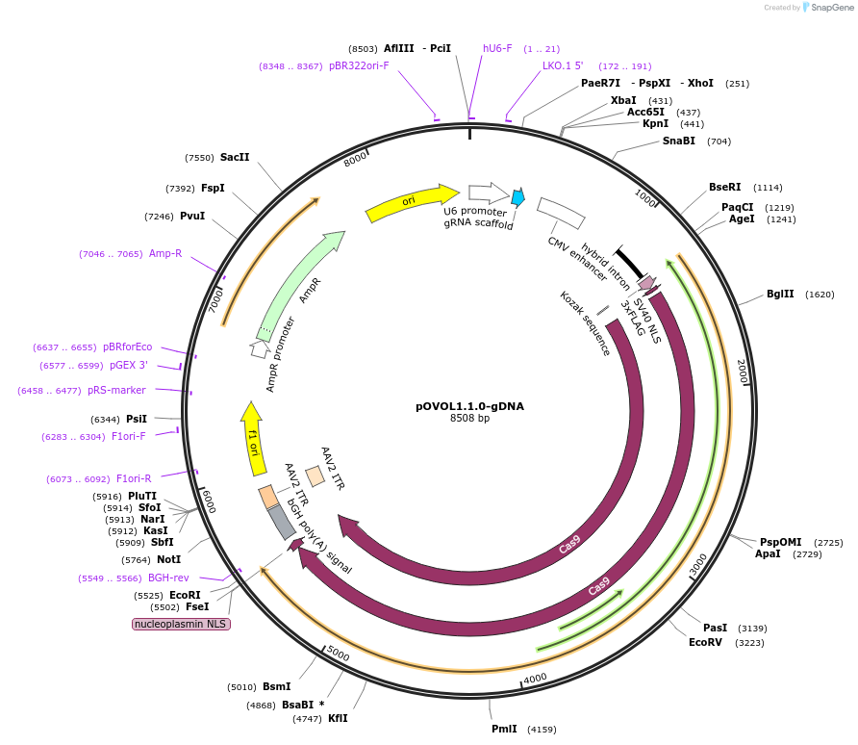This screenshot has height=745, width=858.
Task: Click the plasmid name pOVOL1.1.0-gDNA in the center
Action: pyautogui.click(x=469, y=406)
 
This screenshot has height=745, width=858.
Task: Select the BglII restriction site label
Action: pyautogui.click(x=780, y=295)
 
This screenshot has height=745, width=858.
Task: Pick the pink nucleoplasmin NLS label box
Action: pyautogui.click(x=181, y=624)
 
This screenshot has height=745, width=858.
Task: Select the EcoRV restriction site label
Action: pyautogui.click(x=705, y=642)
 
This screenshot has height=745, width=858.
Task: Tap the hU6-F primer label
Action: pyautogui.click(x=497, y=48)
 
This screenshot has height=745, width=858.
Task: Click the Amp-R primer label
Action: pyautogui.click(x=165, y=254)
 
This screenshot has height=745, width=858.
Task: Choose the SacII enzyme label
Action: pyautogui.click(x=235, y=157)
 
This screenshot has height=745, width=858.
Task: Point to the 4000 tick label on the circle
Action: pyautogui.click(x=535, y=678)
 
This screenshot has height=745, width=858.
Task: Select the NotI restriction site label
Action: pyautogui.click(x=169, y=559)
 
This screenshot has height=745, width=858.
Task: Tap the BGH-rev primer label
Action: pyautogui.click(x=168, y=578)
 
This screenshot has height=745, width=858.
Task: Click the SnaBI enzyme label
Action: pyautogui.click(x=679, y=141)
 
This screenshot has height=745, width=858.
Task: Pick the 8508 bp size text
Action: pyautogui.click(x=469, y=419)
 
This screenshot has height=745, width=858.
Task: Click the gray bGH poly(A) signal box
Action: pyautogui.click(x=282, y=520)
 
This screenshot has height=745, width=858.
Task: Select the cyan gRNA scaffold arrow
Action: pyautogui.click(x=517, y=197)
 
